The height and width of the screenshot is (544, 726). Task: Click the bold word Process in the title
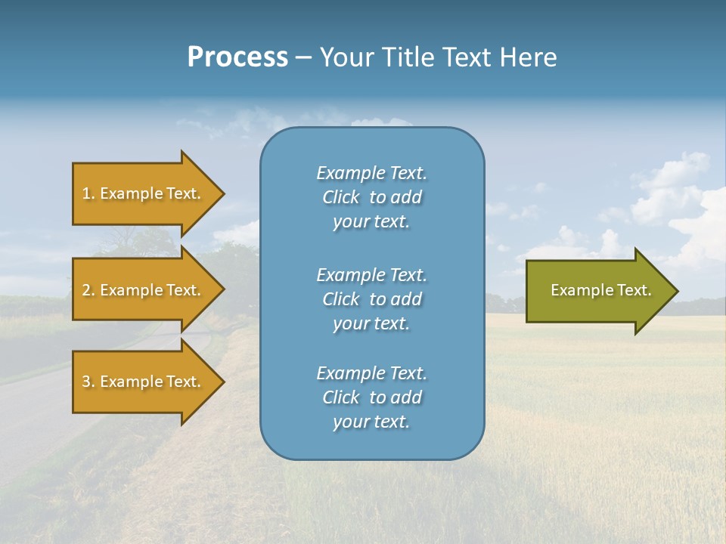237,57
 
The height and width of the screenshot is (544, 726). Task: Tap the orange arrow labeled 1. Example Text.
142,193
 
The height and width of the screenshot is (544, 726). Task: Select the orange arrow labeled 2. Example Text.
142,290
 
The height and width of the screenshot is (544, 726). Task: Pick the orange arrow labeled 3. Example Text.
142,382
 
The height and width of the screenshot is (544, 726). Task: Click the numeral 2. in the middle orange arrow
88,290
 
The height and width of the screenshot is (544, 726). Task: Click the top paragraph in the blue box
371,197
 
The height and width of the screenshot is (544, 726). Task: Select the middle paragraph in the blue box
371,299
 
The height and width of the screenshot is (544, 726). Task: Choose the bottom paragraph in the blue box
371,397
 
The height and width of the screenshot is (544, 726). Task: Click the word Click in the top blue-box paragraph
341,197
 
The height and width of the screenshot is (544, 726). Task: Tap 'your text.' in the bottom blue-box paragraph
371,422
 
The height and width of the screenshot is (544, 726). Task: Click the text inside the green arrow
600,290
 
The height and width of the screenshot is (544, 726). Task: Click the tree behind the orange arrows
136,242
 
